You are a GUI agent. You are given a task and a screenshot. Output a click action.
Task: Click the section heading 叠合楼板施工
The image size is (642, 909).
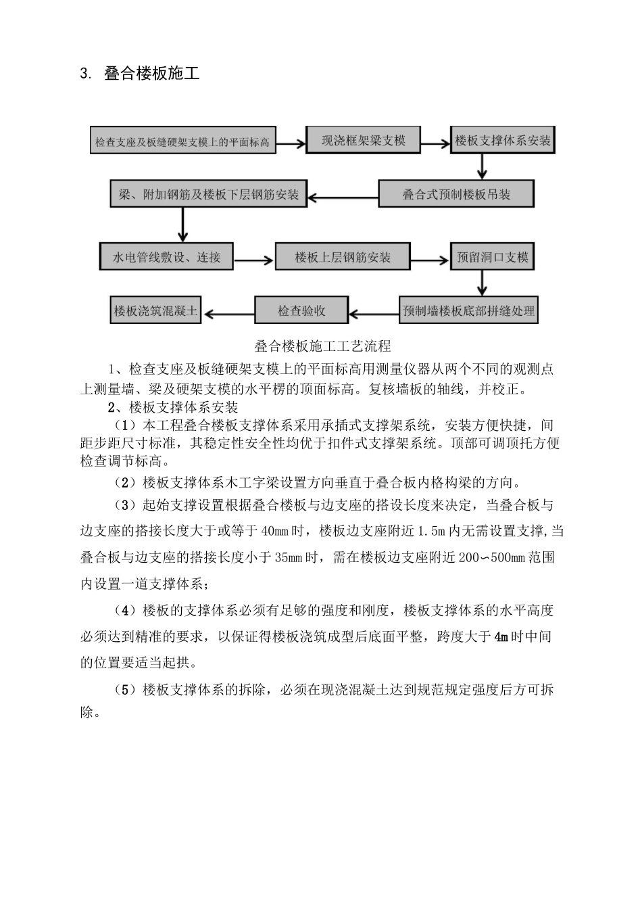point(151,73)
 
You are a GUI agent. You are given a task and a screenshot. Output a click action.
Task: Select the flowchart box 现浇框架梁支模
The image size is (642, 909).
point(363,140)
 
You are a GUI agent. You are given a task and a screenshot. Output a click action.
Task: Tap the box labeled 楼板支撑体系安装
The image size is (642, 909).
point(503,141)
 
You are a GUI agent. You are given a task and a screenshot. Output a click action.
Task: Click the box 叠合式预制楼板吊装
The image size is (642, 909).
point(456,194)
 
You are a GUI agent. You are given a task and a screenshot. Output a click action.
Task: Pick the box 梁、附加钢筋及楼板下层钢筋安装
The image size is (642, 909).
point(208,194)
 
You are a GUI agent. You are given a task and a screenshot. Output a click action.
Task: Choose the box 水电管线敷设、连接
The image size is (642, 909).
point(166,257)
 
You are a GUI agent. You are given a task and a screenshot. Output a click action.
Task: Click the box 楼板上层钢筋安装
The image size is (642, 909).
point(343,257)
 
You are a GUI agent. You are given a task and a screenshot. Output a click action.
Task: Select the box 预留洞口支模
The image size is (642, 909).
point(492,257)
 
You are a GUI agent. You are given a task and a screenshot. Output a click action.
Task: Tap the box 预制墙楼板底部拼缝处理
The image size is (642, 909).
point(468,310)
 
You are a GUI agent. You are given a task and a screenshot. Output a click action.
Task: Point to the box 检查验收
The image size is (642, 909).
point(301,310)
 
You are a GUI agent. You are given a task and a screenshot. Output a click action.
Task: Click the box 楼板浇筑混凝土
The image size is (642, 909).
point(155,310)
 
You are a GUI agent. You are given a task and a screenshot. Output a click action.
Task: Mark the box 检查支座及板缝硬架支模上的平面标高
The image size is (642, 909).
point(182,142)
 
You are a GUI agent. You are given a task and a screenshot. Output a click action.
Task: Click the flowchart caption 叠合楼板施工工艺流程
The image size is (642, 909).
point(322,346)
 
